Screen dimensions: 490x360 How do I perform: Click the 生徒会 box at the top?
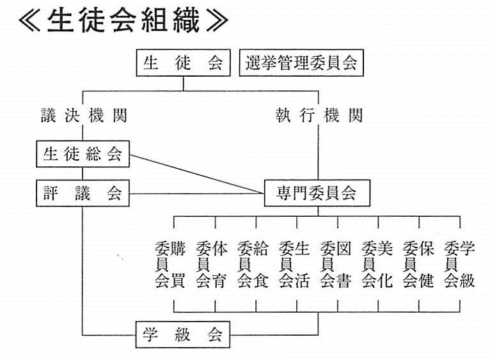183,63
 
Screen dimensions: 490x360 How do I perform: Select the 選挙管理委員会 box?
301,63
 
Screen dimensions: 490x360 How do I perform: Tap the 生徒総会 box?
83,153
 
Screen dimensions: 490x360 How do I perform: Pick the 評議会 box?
83,193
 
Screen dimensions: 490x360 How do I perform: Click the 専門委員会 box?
317,193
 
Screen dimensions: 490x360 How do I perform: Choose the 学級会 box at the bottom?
183,334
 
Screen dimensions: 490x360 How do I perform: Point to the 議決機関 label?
84,115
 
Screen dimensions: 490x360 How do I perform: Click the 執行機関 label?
319,115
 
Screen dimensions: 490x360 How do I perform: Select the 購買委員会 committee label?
170,264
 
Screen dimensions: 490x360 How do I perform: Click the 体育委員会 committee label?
212,264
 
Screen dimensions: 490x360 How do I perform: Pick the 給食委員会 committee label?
253,264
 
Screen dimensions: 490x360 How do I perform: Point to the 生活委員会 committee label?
294,264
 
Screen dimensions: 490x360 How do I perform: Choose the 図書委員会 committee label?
336,264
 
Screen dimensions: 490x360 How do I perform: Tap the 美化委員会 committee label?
377,264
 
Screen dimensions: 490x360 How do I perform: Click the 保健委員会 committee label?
418,264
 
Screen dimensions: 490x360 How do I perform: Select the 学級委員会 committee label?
459,264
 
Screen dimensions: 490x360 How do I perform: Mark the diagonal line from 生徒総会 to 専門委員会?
197,174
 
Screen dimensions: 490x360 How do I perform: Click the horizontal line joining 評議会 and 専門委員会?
197,194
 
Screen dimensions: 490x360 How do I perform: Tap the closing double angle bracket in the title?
217,20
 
